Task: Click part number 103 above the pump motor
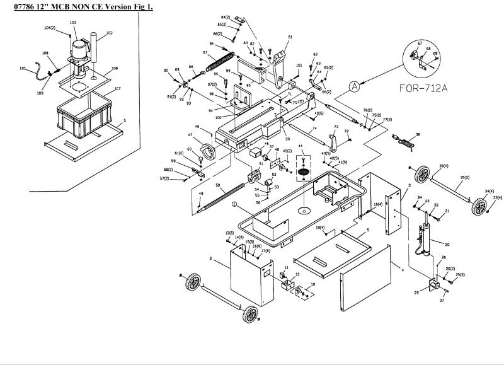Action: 73,22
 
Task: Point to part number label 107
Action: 117,89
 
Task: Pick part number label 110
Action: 22,68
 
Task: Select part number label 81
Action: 290,38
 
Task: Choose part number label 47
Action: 190,135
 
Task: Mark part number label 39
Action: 287,139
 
